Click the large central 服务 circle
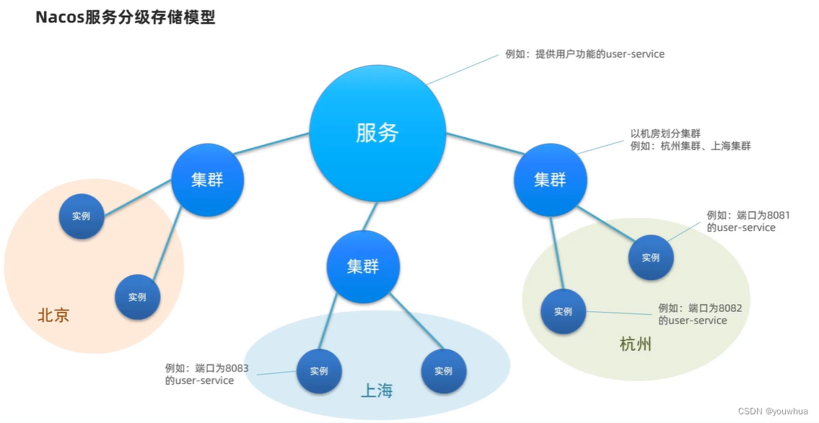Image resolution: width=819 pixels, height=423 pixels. (377, 133)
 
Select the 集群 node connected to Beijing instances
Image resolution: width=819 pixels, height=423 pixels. (207, 180)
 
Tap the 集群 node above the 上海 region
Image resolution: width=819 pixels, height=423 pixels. (362, 266)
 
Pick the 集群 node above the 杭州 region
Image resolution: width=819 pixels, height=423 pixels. (550, 180)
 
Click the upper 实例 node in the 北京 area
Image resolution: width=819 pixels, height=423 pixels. (81, 216)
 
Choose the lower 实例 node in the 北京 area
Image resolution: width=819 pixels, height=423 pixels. (137, 297)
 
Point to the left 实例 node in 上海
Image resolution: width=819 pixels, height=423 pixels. (319, 371)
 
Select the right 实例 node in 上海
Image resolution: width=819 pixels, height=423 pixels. (443, 371)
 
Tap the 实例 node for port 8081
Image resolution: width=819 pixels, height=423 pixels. (650, 257)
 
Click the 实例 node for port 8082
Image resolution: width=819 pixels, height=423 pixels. (563, 311)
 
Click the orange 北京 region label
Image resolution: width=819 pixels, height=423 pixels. (53, 315)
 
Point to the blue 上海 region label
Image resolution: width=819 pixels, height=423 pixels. (377, 391)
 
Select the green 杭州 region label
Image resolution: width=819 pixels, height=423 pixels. (636, 344)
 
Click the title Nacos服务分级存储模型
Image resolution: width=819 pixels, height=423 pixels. (126, 18)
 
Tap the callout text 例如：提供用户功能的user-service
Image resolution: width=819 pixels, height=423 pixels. (584, 54)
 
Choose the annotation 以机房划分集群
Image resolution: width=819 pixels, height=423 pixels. (665, 134)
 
